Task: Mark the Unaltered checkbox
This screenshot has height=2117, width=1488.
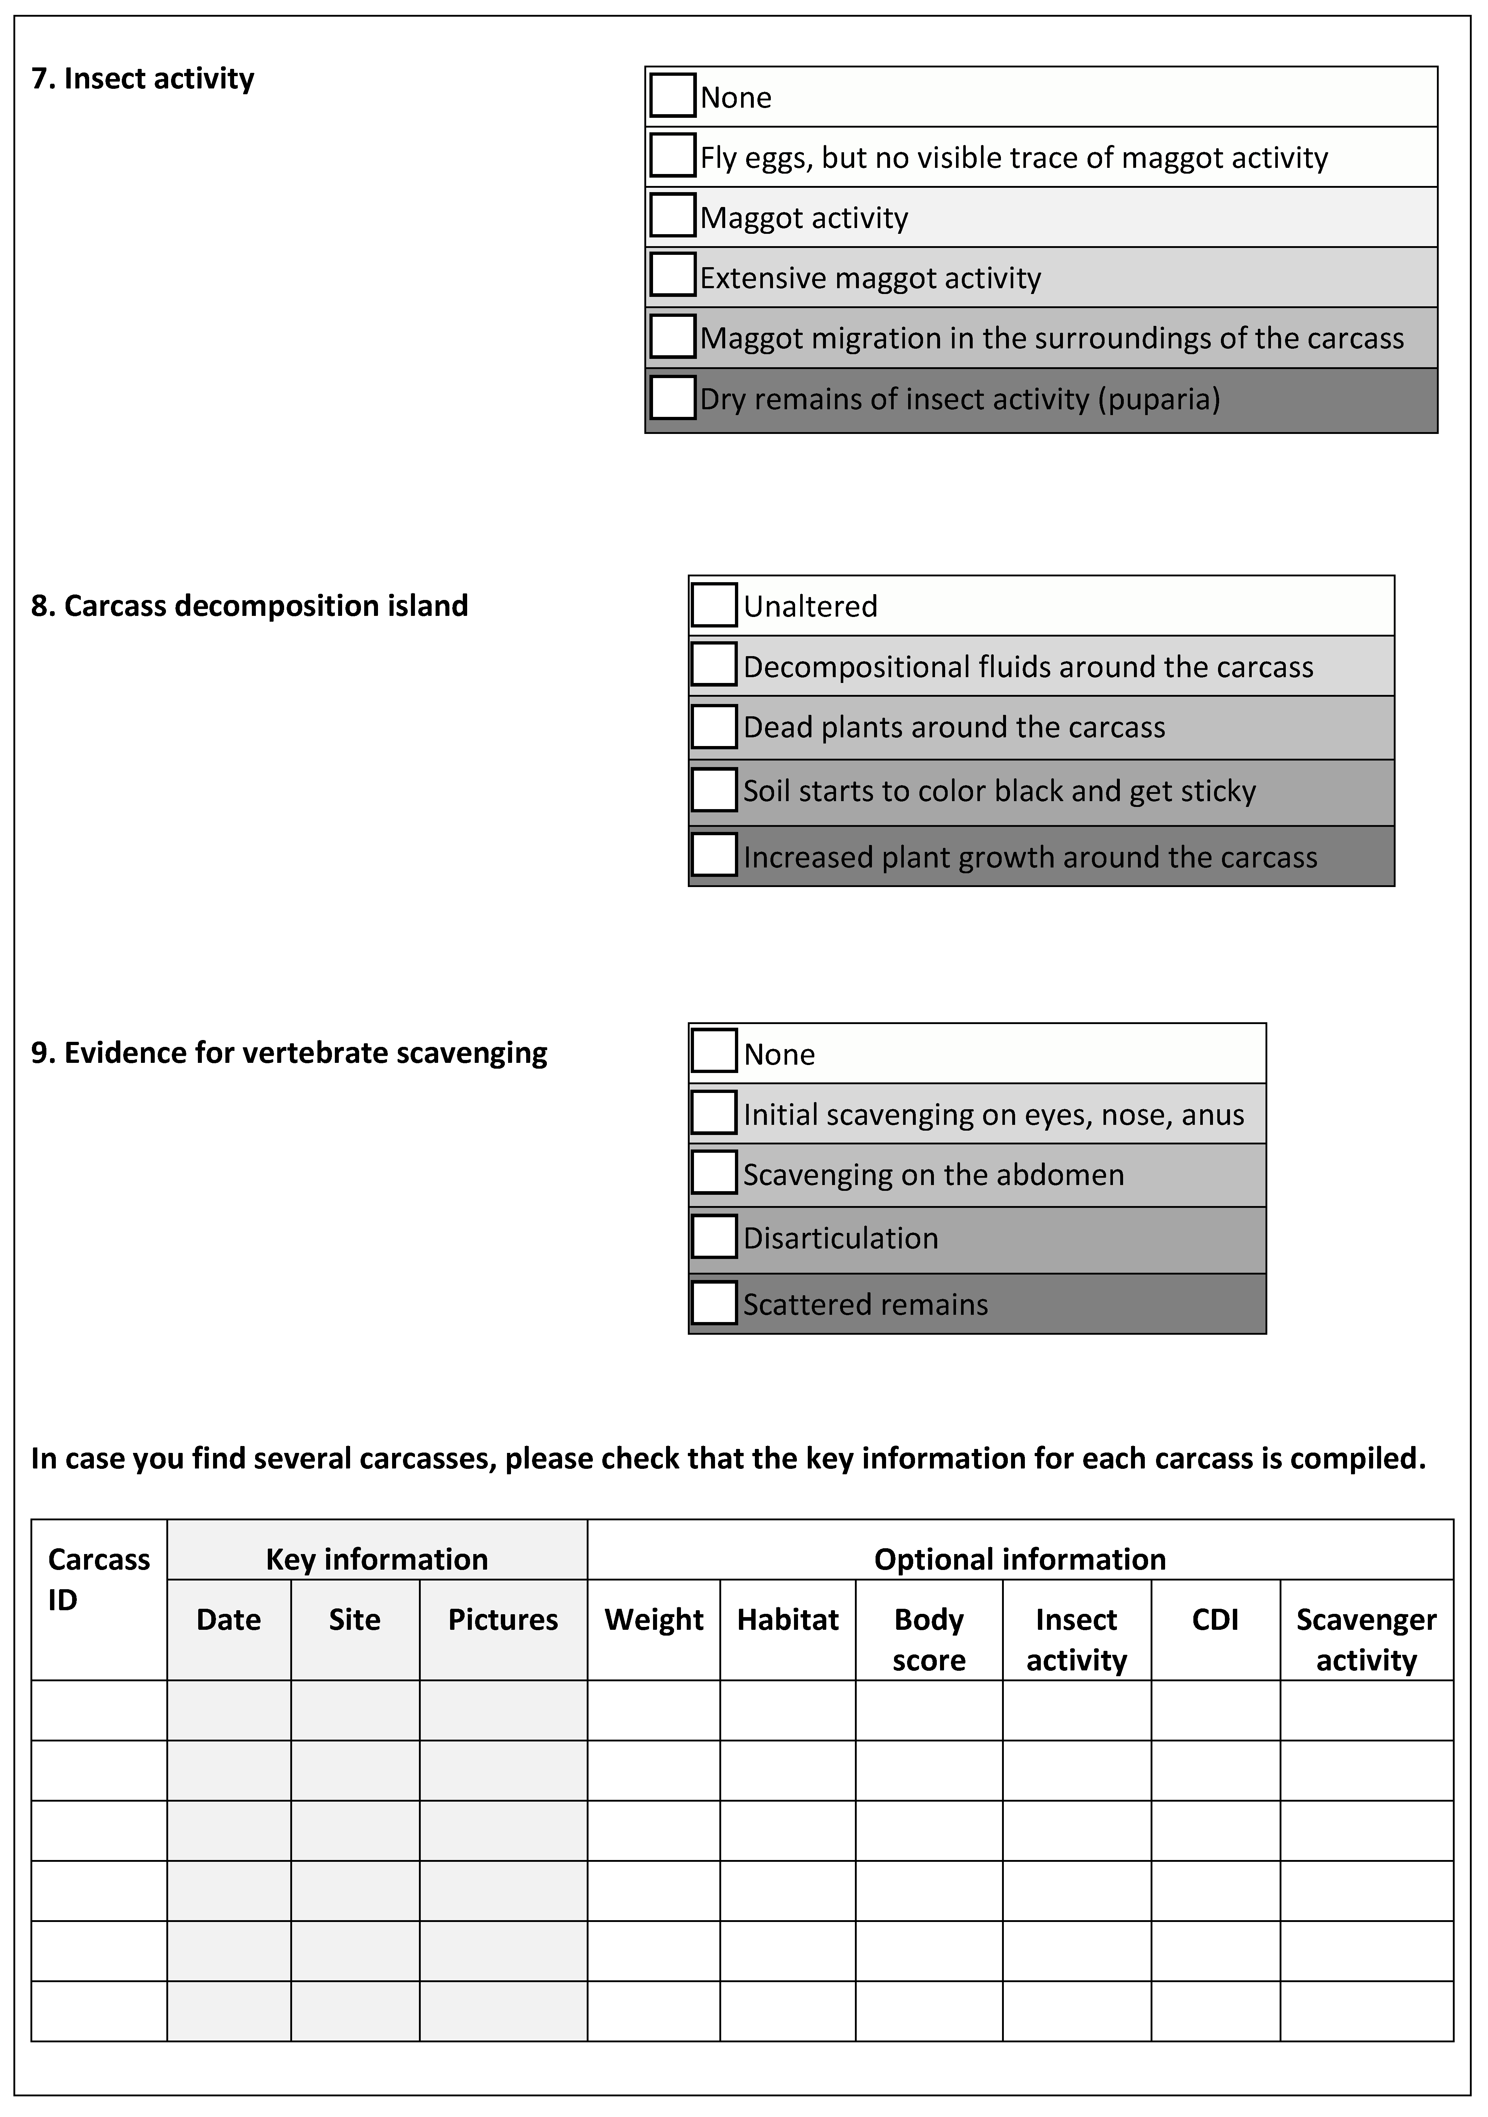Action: click(714, 605)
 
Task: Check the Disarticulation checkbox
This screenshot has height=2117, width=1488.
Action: click(714, 1236)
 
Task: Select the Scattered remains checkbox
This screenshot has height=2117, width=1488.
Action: click(714, 1303)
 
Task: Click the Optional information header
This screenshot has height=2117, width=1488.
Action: click(1020, 1559)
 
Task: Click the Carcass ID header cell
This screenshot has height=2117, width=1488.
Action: click(99, 1579)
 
